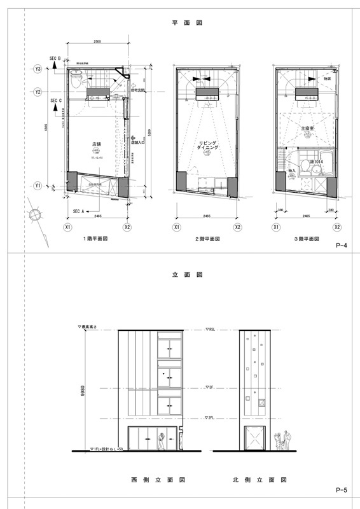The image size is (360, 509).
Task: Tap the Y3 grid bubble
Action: tap(38, 69)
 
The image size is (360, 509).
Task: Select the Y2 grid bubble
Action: tap(38, 92)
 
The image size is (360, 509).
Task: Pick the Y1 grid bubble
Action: tap(38, 186)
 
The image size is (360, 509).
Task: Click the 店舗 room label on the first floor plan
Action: tap(97, 144)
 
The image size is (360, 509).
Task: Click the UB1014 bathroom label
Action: tap(316, 162)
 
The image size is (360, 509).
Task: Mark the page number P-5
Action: tap(340, 490)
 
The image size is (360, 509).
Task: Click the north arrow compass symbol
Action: tap(37, 216)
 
